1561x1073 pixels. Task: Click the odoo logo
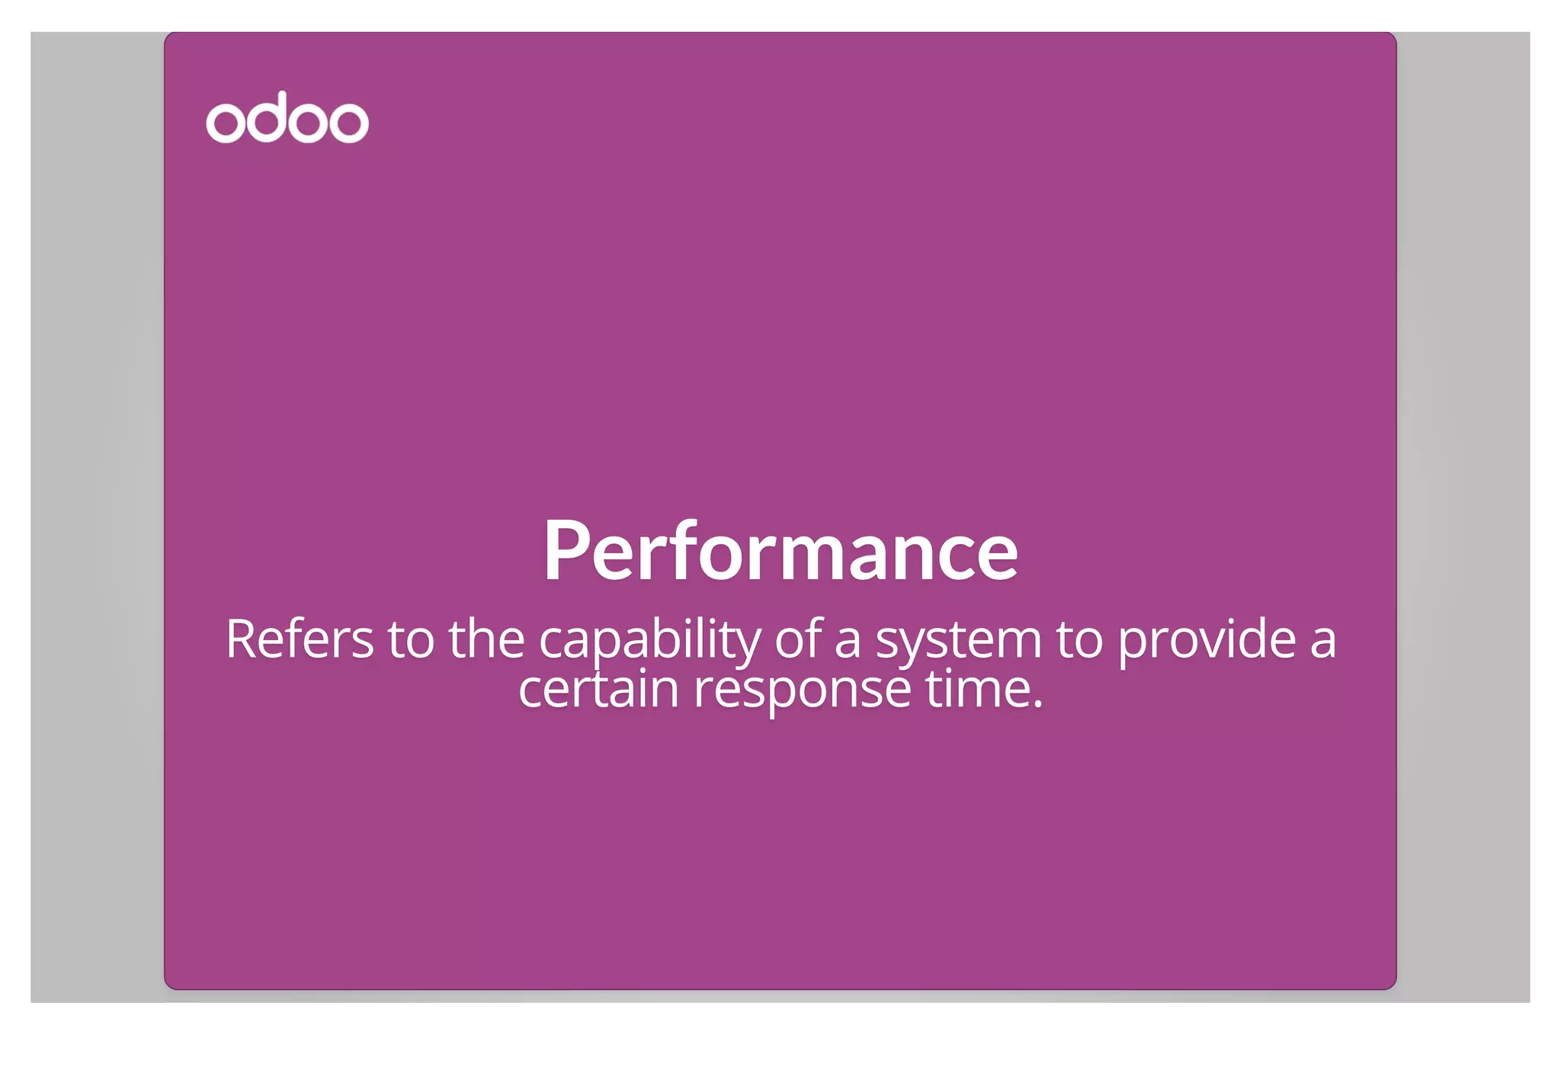tap(287, 118)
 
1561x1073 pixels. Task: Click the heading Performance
tap(780, 550)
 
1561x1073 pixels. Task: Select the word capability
tap(649, 640)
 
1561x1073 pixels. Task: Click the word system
tap(958, 640)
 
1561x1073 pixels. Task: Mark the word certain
tap(598, 689)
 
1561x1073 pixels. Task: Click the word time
tap(978, 689)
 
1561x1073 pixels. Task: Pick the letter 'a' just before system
tap(848, 640)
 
